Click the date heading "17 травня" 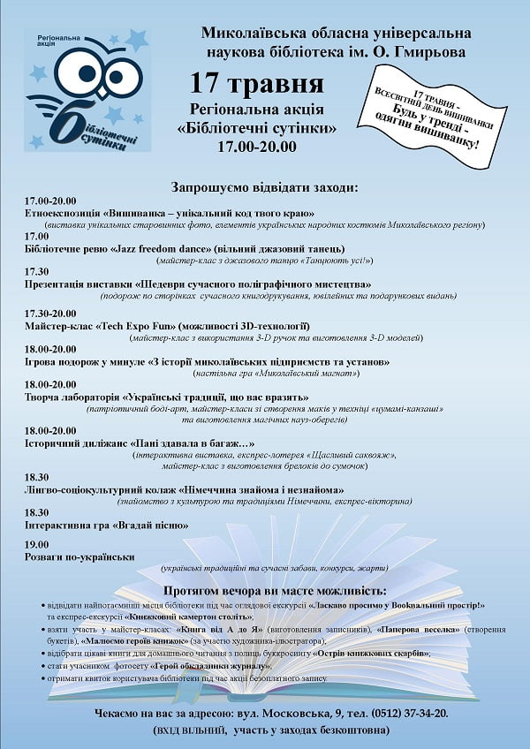tap(256, 86)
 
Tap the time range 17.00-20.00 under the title tap(256, 146)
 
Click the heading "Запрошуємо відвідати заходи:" tap(265, 188)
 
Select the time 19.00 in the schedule tap(37, 544)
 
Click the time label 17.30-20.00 tap(50, 313)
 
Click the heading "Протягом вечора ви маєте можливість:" tap(275, 589)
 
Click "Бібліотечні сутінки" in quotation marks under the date tap(256, 129)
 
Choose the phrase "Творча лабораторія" tap(71, 397)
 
